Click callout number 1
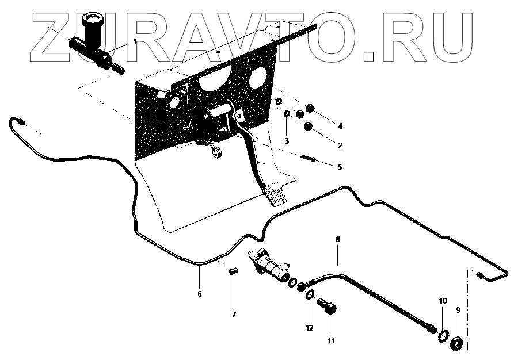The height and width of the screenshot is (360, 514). point(135,41)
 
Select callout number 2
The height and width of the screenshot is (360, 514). point(340,145)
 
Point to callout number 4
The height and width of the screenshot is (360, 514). point(340,126)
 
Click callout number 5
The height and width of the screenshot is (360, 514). point(339,167)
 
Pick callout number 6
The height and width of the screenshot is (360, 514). point(199,293)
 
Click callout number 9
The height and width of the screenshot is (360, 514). point(458,310)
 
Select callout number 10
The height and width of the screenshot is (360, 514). point(443,301)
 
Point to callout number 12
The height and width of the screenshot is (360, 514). point(309,328)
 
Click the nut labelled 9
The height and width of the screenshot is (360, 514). point(458,344)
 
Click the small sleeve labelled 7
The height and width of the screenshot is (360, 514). point(234,270)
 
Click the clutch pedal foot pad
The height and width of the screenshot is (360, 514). point(275,194)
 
